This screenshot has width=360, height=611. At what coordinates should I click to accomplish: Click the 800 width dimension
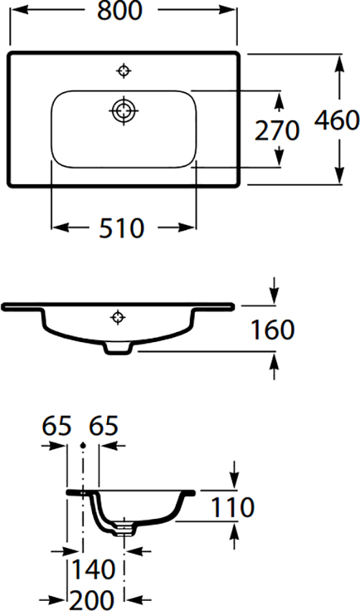tap(120, 11)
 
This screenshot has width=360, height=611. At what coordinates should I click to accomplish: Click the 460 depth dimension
tap(336, 120)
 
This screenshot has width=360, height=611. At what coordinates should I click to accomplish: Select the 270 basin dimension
tap(277, 131)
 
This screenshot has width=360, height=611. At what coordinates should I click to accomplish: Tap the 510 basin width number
tap(121, 228)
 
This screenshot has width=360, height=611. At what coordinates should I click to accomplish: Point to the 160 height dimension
tap(272, 330)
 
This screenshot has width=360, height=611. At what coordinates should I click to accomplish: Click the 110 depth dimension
tap(232, 507)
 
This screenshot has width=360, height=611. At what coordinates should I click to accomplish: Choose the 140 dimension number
tap(93, 569)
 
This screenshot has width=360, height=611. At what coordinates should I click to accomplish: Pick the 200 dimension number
tap(92, 599)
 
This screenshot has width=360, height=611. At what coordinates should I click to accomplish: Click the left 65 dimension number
tap(57, 426)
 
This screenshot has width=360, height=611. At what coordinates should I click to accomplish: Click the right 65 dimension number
tap(103, 426)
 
